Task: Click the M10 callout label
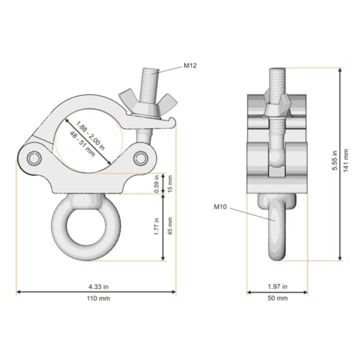221,207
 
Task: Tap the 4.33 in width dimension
96,286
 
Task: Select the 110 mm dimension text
96,298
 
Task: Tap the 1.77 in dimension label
157,226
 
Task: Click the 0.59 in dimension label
157,184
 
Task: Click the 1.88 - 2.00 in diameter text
92,135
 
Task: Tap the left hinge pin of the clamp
32,158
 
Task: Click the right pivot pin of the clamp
142,158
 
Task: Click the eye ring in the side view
277,228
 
